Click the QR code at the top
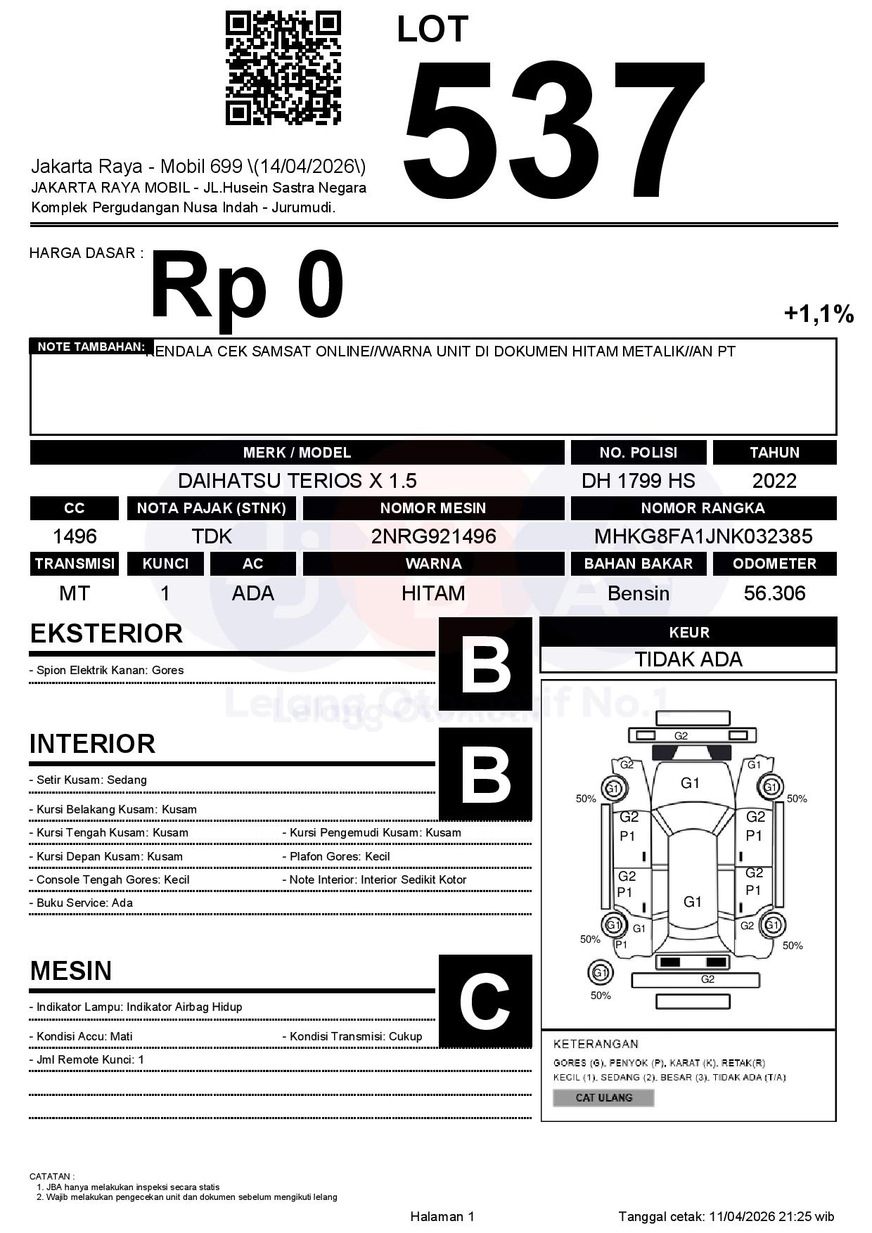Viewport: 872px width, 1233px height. tap(283, 67)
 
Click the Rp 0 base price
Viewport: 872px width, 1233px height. tap(246, 287)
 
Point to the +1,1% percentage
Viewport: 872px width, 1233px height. tap(819, 314)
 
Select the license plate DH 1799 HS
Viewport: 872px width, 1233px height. tap(638, 481)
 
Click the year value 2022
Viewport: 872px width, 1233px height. tap(774, 481)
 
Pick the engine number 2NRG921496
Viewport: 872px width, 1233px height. tap(433, 536)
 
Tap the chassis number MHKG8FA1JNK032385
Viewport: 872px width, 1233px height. tap(703, 536)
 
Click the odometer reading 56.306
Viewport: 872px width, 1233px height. tap(774, 593)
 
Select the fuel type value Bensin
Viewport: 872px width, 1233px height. tap(638, 593)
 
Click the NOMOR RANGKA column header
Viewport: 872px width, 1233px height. tap(703, 508)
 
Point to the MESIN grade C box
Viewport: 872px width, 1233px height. tap(485, 1001)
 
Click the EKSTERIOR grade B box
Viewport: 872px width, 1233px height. tap(485, 664)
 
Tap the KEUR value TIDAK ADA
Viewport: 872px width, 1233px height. tap(688, 659)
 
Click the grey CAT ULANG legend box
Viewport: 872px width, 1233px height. tap(603, 1097)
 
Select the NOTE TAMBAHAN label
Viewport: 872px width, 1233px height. tap(91, 347)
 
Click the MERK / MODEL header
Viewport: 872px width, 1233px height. tap(297, 452)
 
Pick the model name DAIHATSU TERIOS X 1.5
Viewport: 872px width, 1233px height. tap(297, 481)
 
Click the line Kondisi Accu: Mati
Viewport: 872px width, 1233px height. tap(84, 1036)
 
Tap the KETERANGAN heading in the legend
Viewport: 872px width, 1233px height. tap(596, 1044)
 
